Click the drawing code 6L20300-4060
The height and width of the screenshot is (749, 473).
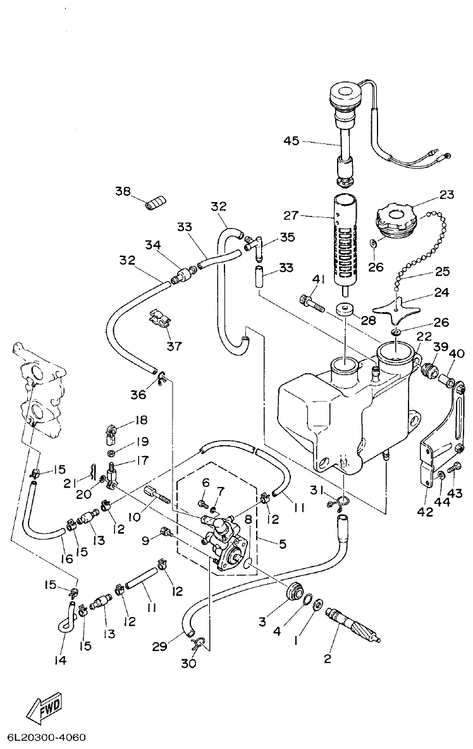coord(46,738)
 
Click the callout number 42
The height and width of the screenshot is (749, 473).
coord(425,512)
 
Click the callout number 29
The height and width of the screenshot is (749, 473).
coord(160,645)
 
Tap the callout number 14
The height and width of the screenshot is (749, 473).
coord(60,660)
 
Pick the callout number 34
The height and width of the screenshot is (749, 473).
coord(152,244)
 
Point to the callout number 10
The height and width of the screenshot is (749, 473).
coord(133,517)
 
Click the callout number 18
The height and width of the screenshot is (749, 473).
coord(140,420)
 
